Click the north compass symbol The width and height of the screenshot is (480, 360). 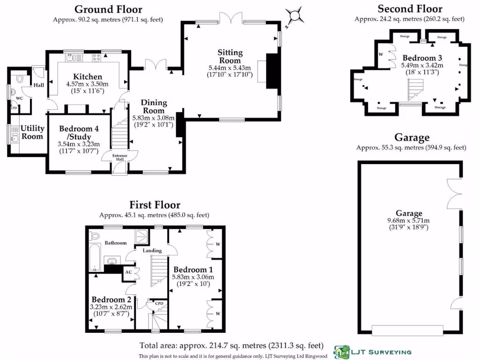coord(295,16)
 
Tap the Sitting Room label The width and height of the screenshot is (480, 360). coord(230,56)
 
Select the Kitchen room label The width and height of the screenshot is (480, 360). coord(88,77)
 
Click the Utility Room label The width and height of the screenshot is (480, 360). coord(32,132)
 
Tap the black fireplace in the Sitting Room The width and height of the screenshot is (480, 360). coord(272,71)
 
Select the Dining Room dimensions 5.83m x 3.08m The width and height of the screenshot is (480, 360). coord(152,118)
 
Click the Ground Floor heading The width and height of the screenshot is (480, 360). coord(108,9)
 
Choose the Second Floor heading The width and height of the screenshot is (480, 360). coord(410,8)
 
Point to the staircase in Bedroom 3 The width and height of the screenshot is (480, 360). coord(415,90)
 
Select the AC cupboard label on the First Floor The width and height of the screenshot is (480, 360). coord(128,271)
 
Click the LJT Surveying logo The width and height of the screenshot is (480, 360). coord(373,352)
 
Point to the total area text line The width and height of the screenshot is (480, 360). coord(231,345)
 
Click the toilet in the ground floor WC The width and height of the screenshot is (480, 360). coord(19,79)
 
